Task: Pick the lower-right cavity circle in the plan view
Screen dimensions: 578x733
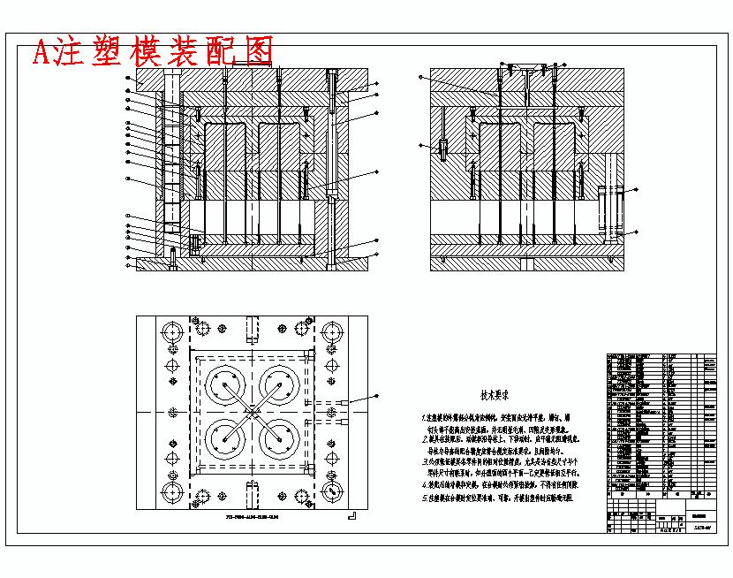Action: pos(283,439)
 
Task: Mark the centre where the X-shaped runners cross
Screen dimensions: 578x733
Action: pos(253,412)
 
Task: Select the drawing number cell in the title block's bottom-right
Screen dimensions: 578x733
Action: pos(703,528)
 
